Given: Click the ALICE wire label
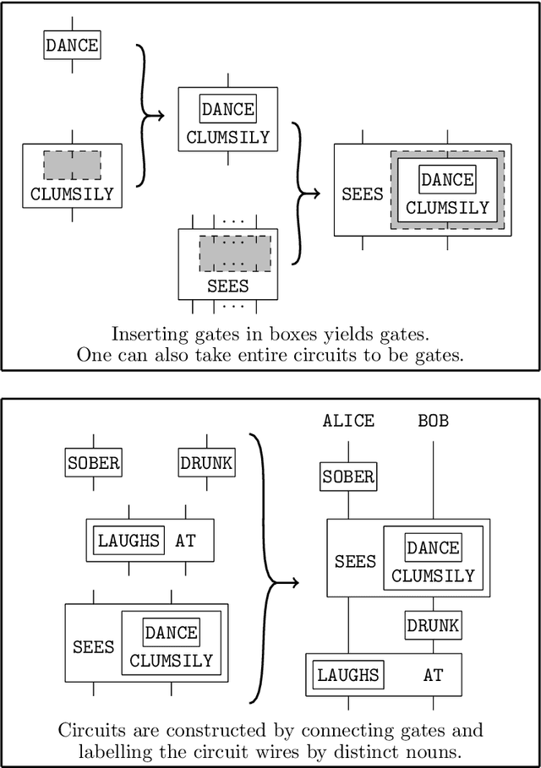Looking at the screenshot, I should [x=347, y=421].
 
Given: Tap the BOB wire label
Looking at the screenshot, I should [x=433, y=421].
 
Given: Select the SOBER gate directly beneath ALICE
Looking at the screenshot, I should [x=347, y=477].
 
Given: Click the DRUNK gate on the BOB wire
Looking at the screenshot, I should [x=433, y=625].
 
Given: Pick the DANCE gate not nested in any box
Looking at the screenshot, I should [x=72, y=46].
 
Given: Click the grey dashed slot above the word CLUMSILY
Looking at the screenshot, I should [x=72, y=165].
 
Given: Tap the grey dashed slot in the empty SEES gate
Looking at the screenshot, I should [x=235, y=253].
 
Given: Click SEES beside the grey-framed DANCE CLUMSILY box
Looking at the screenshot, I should [x=362, y=193].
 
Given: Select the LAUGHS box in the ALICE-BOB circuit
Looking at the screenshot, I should [x=347, y=675].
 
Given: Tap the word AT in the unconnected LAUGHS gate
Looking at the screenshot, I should [x=185, y=540].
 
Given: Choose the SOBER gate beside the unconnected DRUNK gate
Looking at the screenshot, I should [x=93, y=463].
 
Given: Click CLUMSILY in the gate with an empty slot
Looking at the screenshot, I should [x=72, y=193].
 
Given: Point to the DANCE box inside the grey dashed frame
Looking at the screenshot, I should [x=447, y=179].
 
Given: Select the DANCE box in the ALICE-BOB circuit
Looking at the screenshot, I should [x=433, y=547].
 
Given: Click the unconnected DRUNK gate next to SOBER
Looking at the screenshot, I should [x=206, y=463].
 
